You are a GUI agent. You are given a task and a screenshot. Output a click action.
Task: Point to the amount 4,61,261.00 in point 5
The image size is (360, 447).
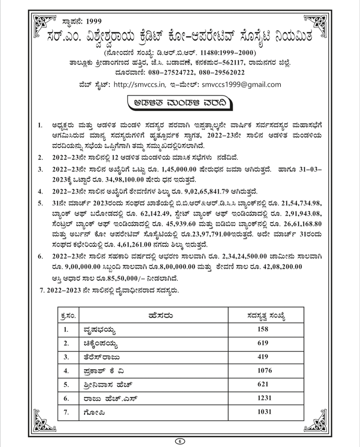point(135,245)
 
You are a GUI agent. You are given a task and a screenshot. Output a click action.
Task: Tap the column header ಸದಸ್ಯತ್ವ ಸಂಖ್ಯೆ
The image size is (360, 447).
point(263,316)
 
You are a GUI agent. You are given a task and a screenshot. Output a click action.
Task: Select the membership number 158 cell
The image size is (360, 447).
point(263,329)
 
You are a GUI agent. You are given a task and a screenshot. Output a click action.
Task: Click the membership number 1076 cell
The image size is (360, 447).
point(263,371)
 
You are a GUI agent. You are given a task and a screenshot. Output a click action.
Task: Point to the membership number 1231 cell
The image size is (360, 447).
point(263,399)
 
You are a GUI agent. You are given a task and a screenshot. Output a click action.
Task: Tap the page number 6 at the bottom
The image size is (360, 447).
point(180,441)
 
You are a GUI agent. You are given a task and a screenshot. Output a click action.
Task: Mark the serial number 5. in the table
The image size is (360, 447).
point(66,385)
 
